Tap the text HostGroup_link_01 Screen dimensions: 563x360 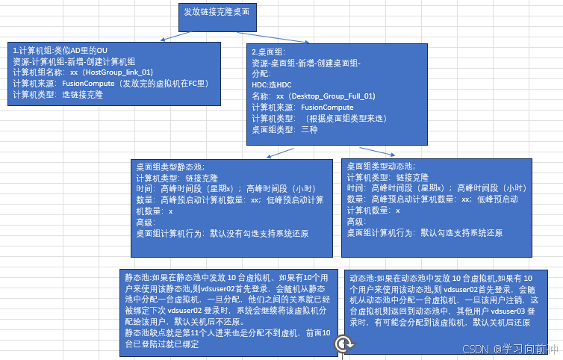(119, 72)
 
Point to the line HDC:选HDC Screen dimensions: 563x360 (273, 85)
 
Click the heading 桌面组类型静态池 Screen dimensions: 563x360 (170, 167)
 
